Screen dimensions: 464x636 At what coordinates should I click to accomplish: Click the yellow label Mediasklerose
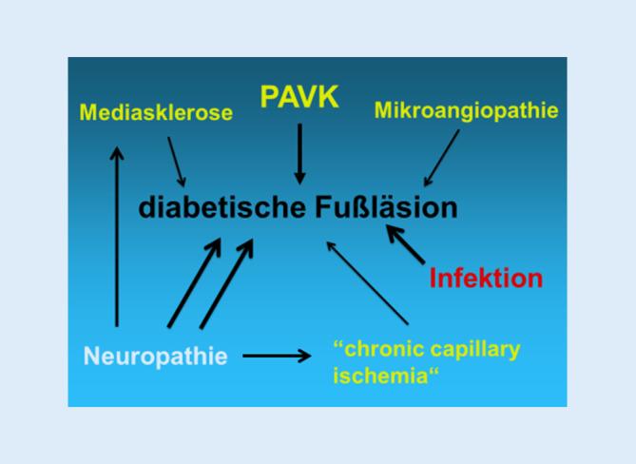156,113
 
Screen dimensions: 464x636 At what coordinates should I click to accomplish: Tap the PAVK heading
299,98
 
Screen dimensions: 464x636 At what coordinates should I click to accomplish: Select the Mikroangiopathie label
466,110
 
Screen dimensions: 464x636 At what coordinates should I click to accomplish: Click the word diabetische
222,208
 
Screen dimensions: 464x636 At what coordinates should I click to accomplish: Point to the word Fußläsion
386,208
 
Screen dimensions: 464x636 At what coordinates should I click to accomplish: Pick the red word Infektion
486,278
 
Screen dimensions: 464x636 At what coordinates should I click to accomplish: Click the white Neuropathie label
156,357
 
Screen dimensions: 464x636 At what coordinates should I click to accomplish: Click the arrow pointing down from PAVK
299,152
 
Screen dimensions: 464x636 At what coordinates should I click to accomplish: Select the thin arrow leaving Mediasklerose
175,160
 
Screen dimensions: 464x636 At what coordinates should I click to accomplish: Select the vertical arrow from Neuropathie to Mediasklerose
117,238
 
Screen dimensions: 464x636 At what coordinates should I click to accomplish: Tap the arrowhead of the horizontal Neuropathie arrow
304,357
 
